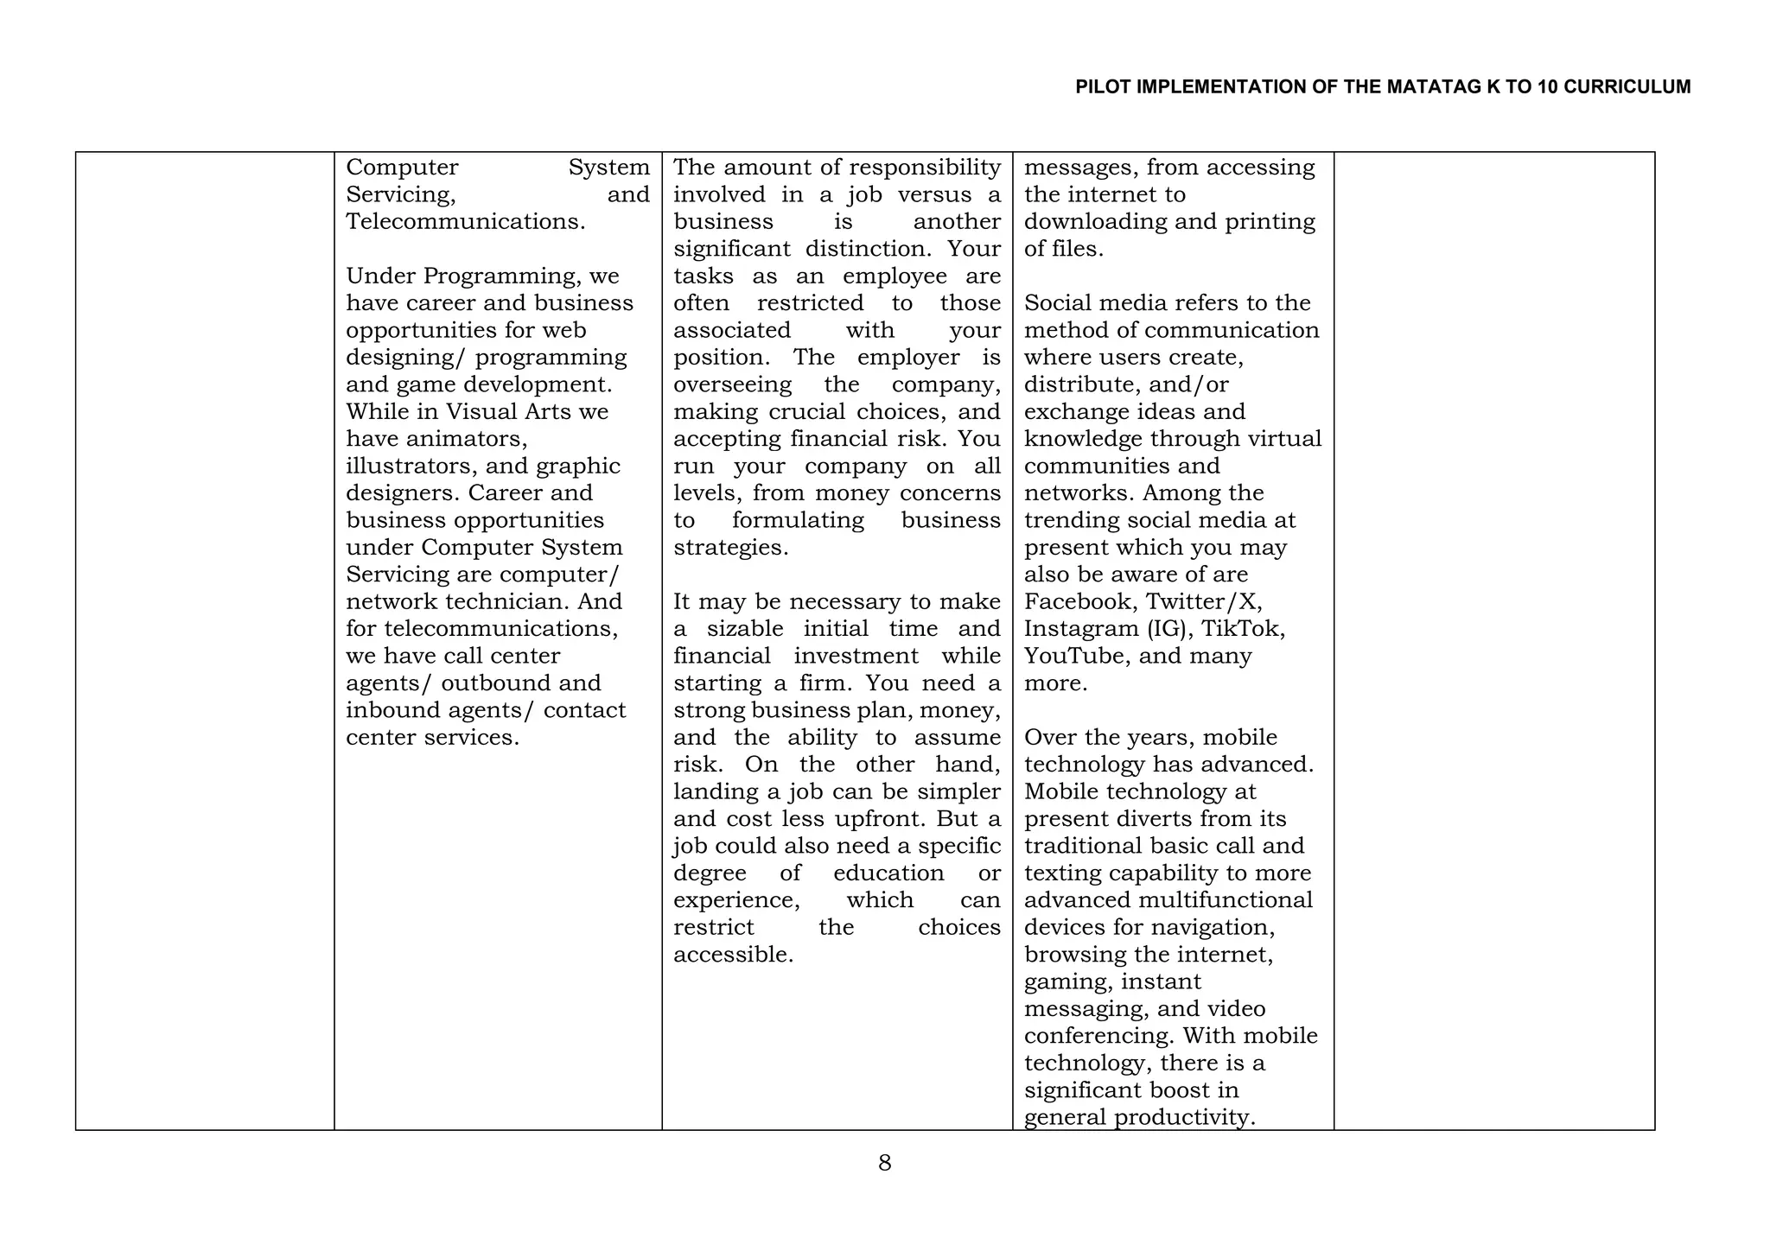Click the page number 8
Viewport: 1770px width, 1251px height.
[x=884, y=1163]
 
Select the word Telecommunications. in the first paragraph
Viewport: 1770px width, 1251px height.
[x=465, y=222]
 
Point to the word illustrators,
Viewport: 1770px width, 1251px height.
[x=412, y=467]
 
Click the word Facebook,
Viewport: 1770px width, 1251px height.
[x=1081, y=602]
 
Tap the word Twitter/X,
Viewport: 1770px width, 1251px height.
[x=1204, y=602]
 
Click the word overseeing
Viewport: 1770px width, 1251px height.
[x=732, y=384]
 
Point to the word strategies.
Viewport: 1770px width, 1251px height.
[x=730, y=548]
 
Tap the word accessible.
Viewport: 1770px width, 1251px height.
[x=733, y=955]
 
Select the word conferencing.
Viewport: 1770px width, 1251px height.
[x=1098, y=1036]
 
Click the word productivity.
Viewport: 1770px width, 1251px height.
[x=1184, y=1117]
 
